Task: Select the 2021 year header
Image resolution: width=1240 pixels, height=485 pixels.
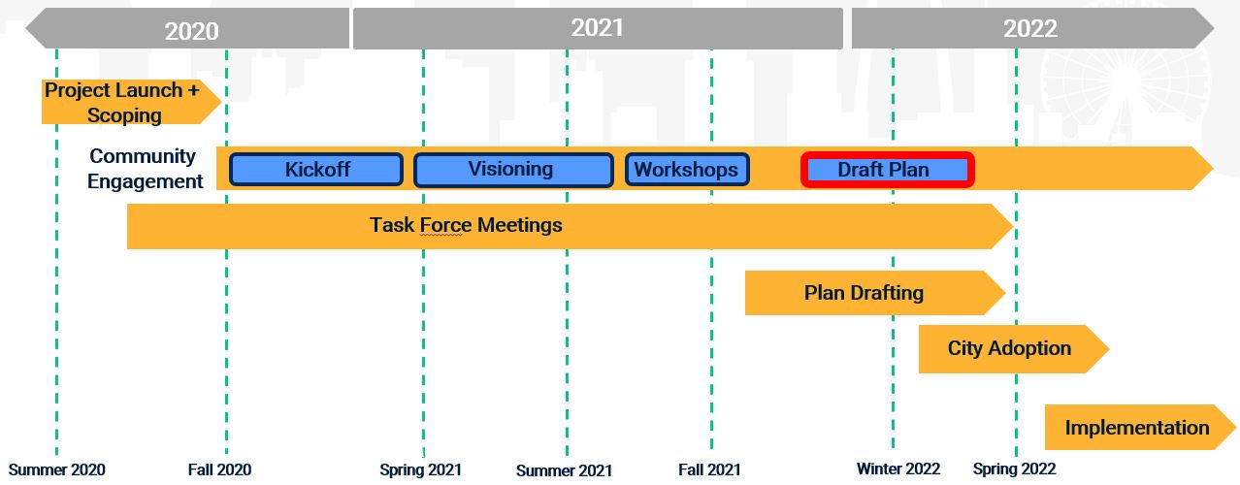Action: (598, 28)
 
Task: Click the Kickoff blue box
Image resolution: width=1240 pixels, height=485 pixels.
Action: (316, 170)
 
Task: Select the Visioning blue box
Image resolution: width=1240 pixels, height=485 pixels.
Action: (513, 170)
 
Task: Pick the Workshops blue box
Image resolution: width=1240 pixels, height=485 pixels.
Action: (687, 170)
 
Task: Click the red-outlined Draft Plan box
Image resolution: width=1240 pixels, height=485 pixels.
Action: (888, 170)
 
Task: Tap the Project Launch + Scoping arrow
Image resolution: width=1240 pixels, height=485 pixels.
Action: (131, 102)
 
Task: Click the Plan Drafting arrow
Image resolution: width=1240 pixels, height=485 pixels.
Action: (874, 293)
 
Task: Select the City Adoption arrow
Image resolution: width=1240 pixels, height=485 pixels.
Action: (1014, 349)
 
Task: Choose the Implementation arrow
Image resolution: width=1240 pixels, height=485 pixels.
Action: (1140, 428)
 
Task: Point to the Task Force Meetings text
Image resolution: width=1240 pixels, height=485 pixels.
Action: (466, 225)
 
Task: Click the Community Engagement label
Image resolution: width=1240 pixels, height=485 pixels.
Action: (145, 169)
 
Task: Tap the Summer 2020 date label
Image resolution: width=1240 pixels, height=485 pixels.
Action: (56, 470)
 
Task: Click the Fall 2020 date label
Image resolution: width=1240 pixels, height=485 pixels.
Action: (220, 470)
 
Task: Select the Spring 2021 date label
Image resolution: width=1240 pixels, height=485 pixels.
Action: (421, 470)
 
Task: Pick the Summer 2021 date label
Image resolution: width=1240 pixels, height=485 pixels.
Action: (564, 470)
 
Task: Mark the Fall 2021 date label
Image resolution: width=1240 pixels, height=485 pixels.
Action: (709, 470)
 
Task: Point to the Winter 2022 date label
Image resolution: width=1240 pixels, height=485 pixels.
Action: (898, 469)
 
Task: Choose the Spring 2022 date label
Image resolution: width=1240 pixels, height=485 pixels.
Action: (1015, 469)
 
